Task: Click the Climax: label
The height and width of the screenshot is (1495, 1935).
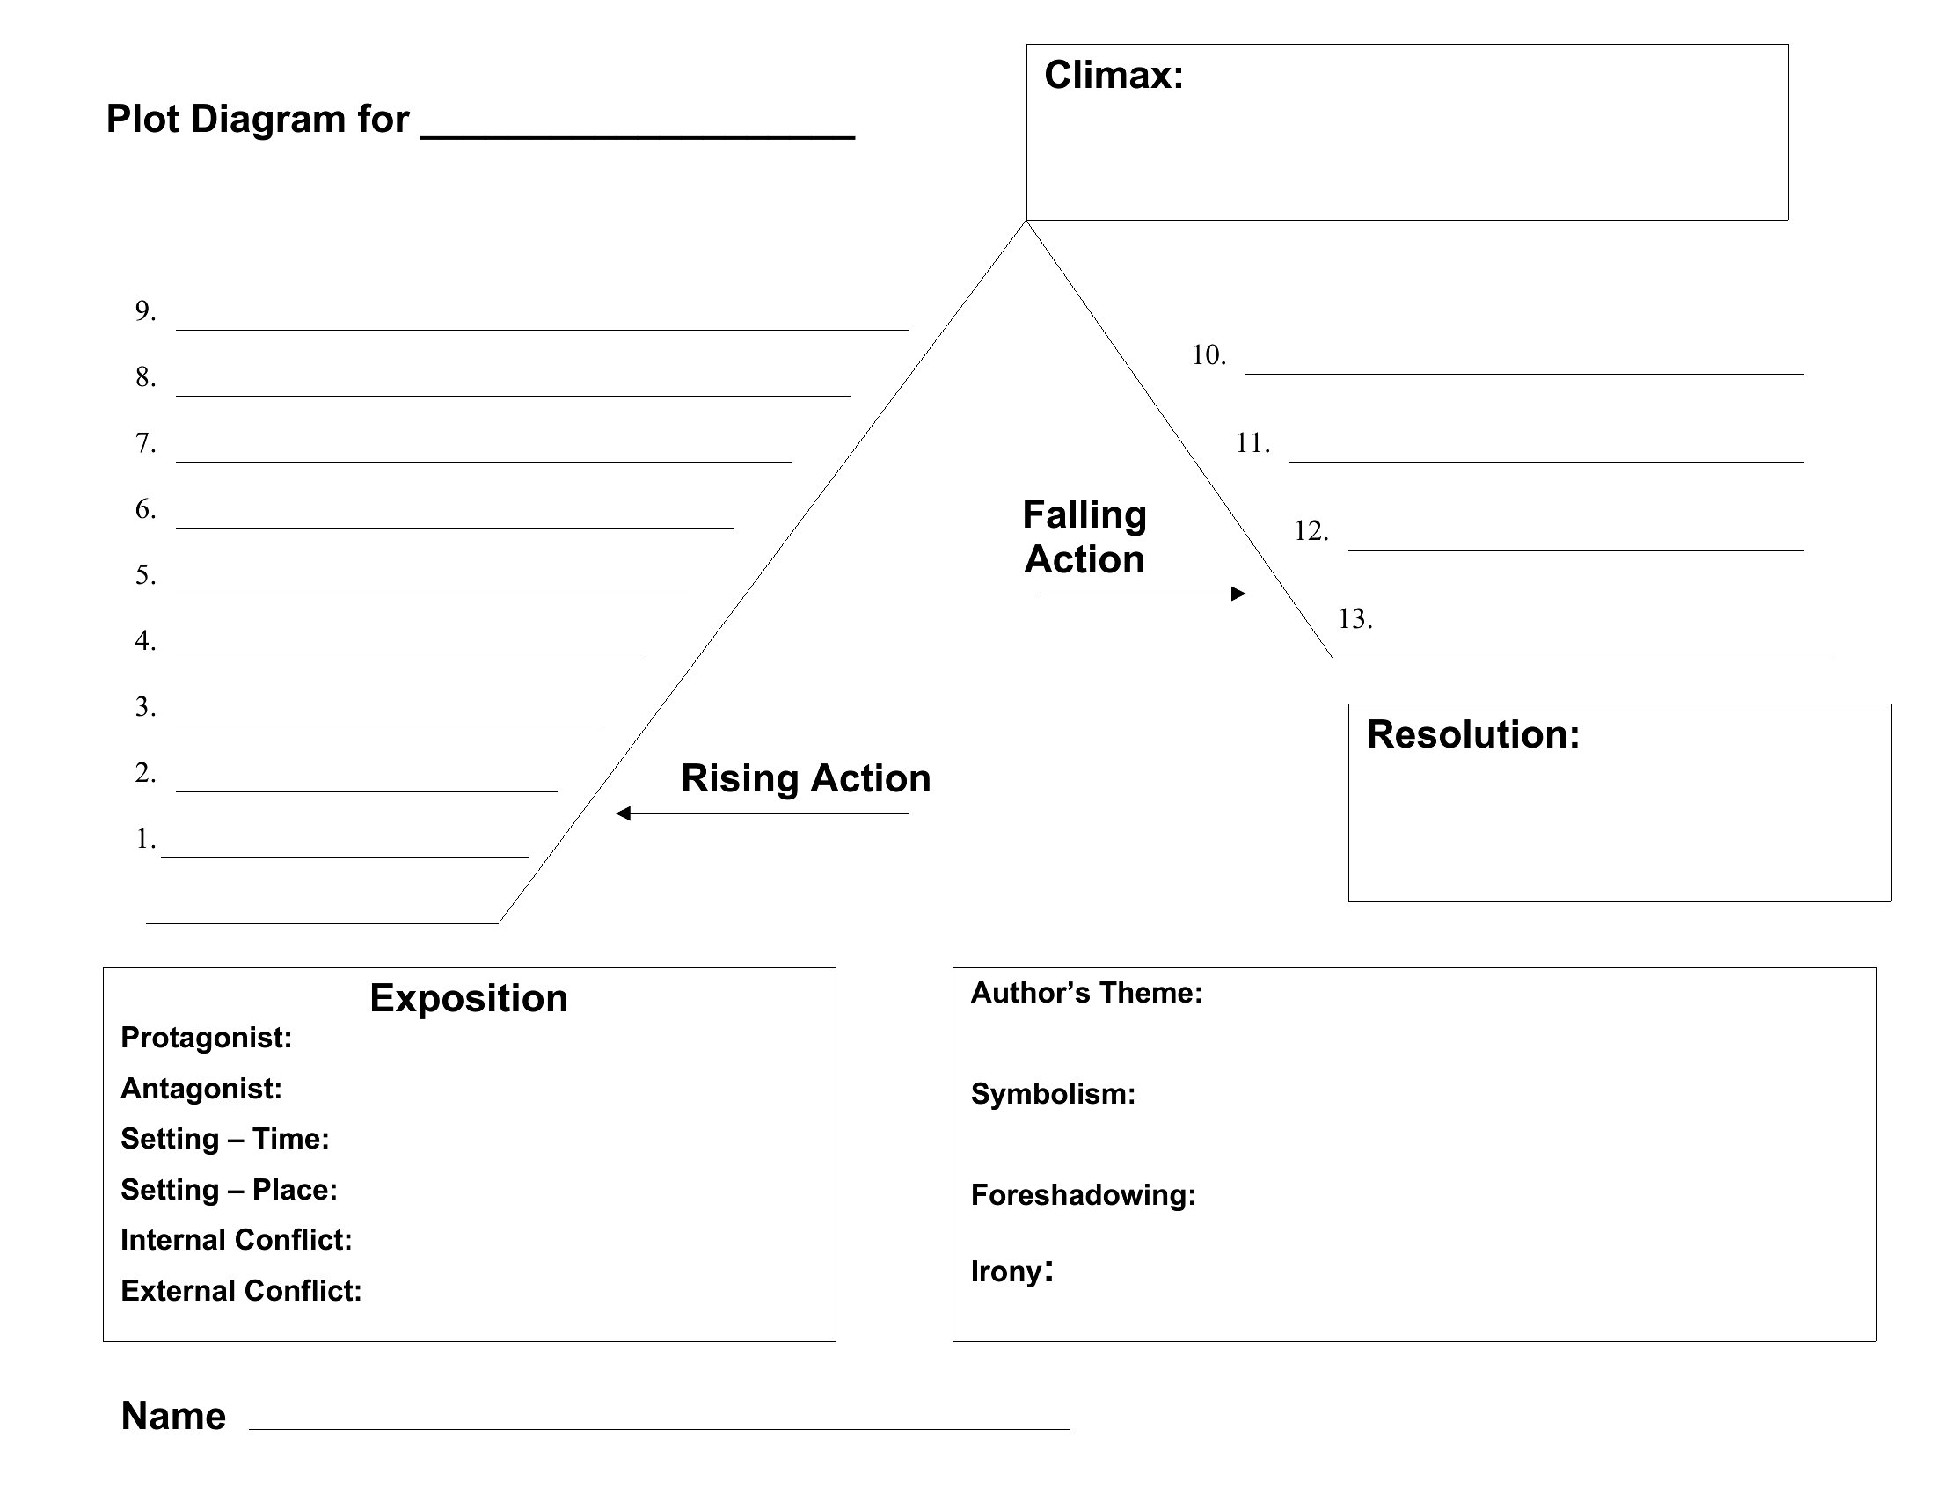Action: click(x=1114, y=75)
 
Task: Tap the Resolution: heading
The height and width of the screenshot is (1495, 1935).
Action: click(x=1473, y=734)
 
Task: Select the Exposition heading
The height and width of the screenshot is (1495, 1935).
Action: click(x=469, y=998)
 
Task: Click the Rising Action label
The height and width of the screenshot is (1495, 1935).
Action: click(x=806, y=778)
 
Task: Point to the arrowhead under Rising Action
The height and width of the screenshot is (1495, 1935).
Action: click(x=623, y=813)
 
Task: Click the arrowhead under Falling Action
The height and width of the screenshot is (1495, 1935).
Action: click(x=1238, y=594)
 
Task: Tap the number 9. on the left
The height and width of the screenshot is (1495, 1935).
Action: click(x=145, y=310)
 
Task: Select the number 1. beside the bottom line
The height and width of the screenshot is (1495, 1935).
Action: click(x=145, y=839)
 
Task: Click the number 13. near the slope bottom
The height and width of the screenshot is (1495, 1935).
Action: click(x=1355, y=618)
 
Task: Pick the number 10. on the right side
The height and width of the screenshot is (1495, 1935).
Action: click(x=1208, y=355)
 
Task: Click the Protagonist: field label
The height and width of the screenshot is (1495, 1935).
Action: click(x=207, y=1038)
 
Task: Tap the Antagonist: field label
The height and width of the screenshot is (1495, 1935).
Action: click(x=201, y=1089)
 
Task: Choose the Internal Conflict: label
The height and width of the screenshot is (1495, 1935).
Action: click(x=237, y=1240)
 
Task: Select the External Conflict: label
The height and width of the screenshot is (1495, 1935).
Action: click(x=241, y=1291)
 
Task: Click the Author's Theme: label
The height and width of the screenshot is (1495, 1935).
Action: click(x=1086, y=993)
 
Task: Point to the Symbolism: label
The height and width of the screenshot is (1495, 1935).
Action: click(x=1053, y=1094)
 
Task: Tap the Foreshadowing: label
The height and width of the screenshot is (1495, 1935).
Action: click(x=1083, y=1196)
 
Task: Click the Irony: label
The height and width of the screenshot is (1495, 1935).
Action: click(x=1011, y=1272)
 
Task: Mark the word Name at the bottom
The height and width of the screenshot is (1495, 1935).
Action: click(x=173, y=1416)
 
